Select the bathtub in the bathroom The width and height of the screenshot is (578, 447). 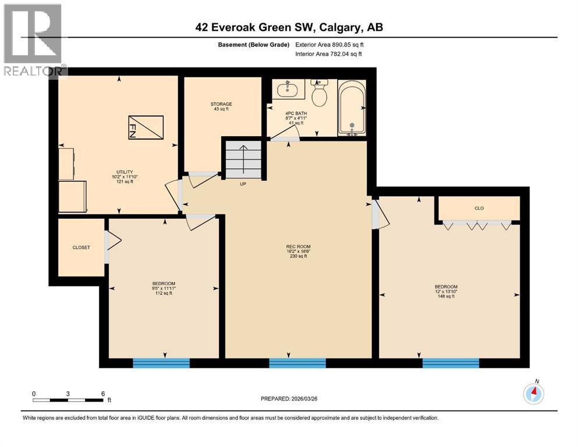352,108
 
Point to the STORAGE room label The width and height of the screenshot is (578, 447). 221,107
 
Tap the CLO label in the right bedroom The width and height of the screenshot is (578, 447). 479,208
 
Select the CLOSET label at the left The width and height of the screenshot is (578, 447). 81,247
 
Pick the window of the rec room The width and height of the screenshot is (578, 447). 297,363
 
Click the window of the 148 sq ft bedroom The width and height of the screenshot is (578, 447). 451,363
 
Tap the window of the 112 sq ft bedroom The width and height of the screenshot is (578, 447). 161,363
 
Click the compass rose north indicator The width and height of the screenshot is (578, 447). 533,393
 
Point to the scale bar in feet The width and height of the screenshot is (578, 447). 68,399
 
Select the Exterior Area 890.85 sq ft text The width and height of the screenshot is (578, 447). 329,45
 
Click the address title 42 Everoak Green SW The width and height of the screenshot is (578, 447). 289,27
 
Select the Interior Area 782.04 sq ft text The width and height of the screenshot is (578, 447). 329,54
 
